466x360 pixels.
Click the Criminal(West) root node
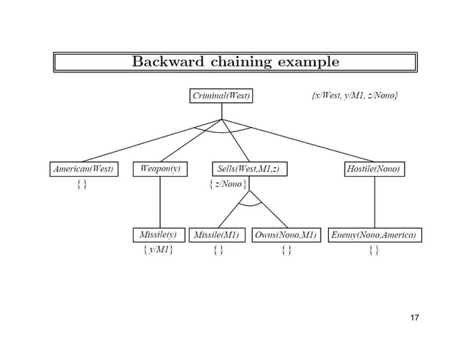[222, 96]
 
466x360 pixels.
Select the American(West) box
[82, 169]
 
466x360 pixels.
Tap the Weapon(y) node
[159, 169]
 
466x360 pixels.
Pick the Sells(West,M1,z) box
[248, 169]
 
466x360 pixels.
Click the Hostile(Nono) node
[375, 169]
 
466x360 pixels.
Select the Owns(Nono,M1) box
[286, 235]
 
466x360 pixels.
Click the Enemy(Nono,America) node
[375, 235]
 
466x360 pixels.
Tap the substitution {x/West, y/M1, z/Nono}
[351, 96]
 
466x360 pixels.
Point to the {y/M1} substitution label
[158, 250]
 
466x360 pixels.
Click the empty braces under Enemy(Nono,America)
[374, 251]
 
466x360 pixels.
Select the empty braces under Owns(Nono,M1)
[286, 251]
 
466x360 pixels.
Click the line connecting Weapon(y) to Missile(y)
[159, 202]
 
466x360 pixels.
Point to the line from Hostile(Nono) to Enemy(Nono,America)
[375, 202]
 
